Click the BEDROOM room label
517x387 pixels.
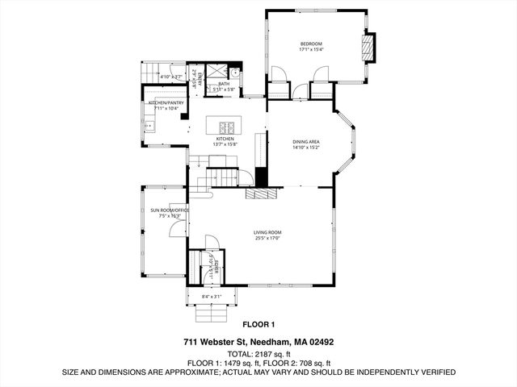point(311,43)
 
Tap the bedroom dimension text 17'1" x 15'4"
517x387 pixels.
point(311,49)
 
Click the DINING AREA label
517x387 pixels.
point(306,141)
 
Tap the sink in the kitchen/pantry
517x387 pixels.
point(148,126)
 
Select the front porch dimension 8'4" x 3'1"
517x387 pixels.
point(212,298)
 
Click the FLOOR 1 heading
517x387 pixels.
point(258,325)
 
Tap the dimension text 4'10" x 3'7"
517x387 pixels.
point(170,77)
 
